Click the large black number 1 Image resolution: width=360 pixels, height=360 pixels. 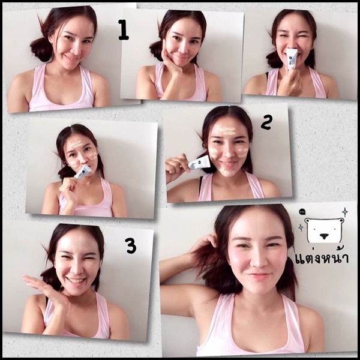coord(124,30)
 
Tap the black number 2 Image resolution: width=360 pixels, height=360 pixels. coord(266,122)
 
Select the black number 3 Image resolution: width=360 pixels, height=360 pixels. coord(131,245)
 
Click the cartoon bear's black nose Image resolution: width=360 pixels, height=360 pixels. coord(324,236)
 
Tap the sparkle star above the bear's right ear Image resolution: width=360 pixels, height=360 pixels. coord(344,212)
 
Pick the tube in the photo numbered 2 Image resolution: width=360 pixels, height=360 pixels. coord(199,163)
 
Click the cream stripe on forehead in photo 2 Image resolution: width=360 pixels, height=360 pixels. coord(228,130)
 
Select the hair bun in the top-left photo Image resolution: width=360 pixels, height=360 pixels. coord(41,49)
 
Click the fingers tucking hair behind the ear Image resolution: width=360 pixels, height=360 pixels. coord(208,241)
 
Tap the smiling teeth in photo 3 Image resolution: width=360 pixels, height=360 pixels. coord(76,281)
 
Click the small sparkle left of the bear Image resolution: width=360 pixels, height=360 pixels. coord(301,227)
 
